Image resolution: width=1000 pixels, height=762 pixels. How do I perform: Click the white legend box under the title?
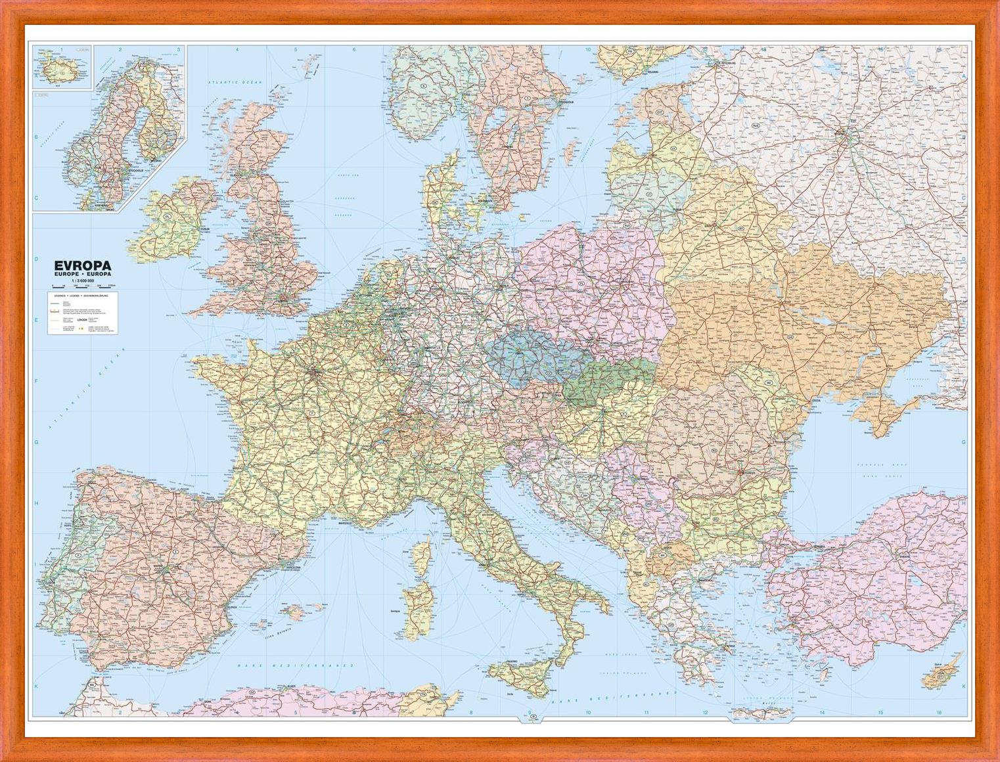click(x=82, y=313)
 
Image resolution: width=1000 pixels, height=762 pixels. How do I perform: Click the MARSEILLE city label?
click(x=346, y=524)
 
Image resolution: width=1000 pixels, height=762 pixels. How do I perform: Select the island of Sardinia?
click(x=417, y=610)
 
